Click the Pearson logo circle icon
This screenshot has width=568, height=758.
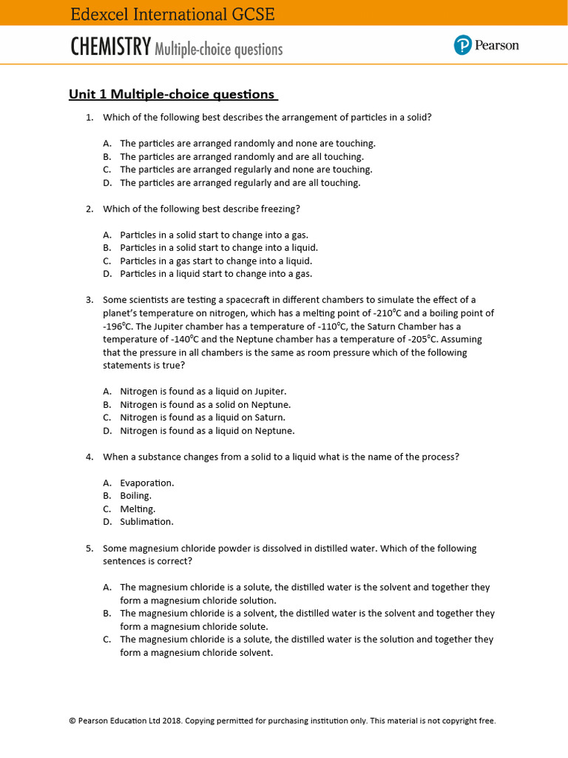pos(462,46)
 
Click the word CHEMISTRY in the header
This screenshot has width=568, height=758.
pos(111,48)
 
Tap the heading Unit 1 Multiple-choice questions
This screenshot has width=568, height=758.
pos(172,94)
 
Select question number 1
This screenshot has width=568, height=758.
pos(89,117)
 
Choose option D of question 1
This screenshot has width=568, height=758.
pos(240,183)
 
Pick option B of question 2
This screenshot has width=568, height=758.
pos(219,247)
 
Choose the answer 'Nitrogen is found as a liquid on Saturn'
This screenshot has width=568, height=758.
pos(203,417)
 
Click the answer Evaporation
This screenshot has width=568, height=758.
pos(147,483)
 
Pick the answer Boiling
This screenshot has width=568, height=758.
pos(136,495)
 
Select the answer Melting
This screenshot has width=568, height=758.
pos(138,509)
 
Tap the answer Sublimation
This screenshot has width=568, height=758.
pos(146,521)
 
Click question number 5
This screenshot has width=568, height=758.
pos(89,549)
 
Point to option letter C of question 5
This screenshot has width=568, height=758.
pos(107,639)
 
